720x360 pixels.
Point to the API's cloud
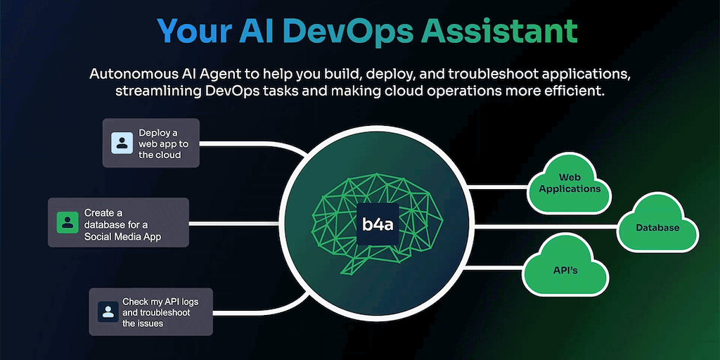[x=565, y=269]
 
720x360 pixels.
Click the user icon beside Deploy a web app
[x=122, y=143]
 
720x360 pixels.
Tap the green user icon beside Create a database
[x=67, y=222]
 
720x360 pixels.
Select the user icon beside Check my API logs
[x=108, y=311]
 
